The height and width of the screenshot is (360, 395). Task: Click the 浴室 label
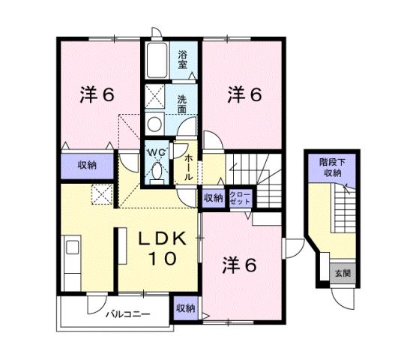183,59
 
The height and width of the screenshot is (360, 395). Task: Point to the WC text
155,152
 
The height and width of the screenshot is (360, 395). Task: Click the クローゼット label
241,197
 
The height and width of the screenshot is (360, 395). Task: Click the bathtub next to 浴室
157,61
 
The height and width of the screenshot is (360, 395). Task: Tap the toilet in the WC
156,172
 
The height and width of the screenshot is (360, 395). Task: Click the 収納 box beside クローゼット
213,198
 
